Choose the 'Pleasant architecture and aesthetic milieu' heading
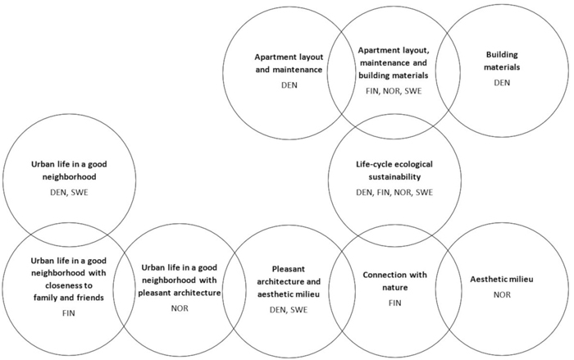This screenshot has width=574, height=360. tap(282, 278)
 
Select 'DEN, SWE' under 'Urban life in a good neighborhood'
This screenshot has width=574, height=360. tap(67, 191)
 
